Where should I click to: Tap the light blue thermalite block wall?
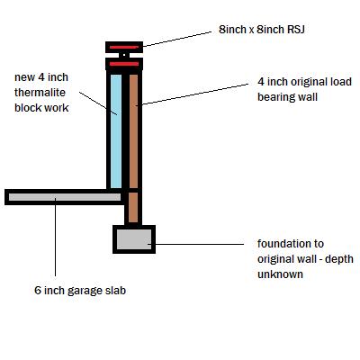point(116,130)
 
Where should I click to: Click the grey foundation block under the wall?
point(134,238)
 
